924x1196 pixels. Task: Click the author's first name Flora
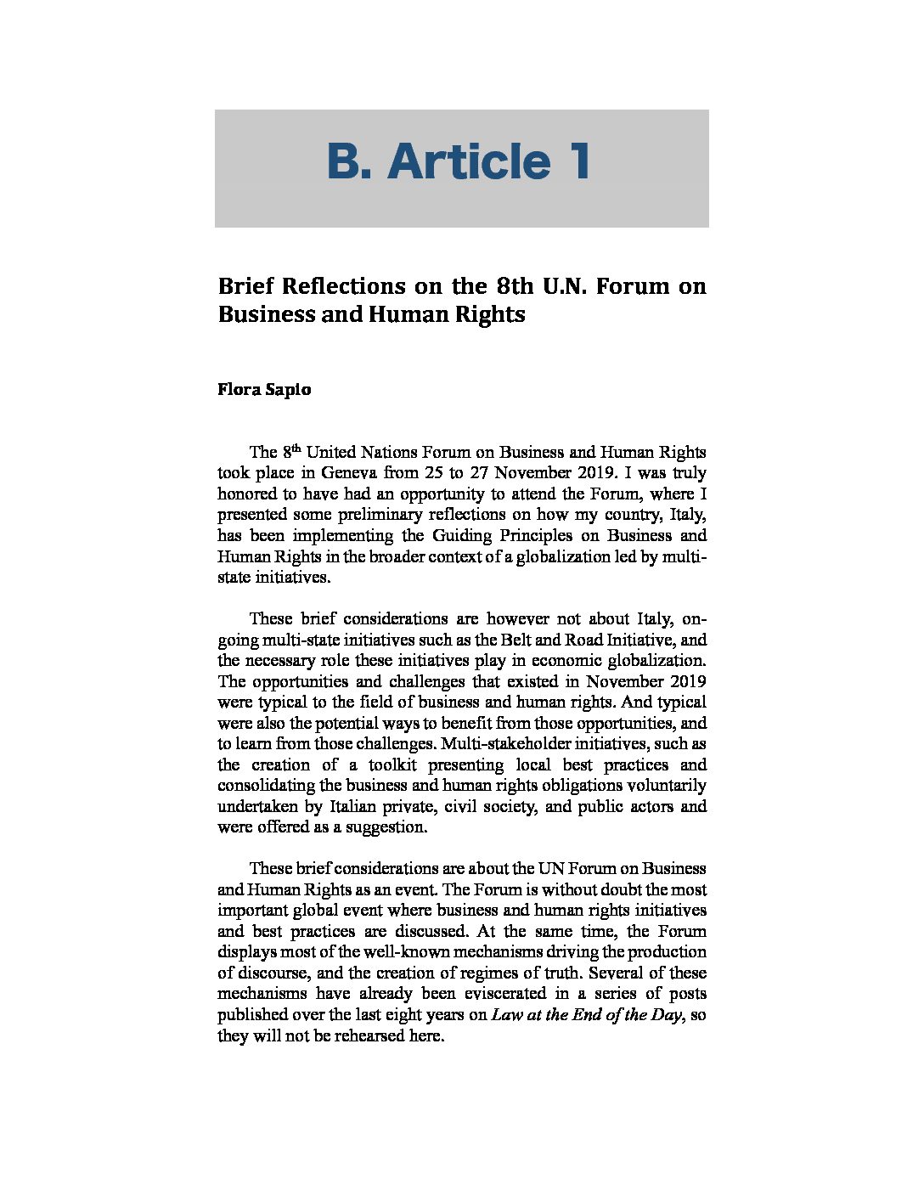(239, 390)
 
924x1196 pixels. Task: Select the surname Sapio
(289, 390)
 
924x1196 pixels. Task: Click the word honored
(245, 494)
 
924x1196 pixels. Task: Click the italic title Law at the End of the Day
(587, 1015)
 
